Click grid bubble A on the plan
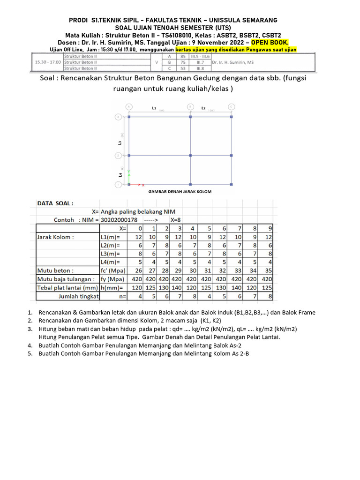click(129, 106)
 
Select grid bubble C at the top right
click(232, 106)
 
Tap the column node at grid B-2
click(190, 155)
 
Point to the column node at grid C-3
click(232, 117)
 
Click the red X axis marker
click(143, 185)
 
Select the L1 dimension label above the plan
click(154, 108)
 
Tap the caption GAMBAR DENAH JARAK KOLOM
click(180, 192)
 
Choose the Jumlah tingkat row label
click(78, 296)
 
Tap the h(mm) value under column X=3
click(176, 288)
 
